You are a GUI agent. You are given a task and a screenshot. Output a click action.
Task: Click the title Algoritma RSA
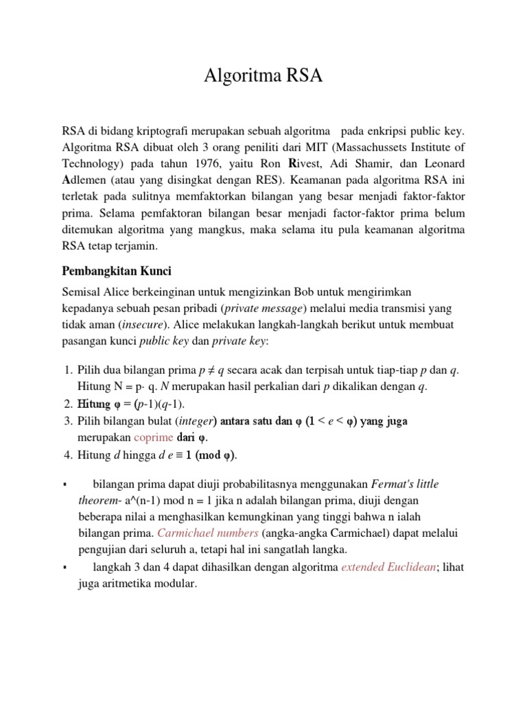point(263,76)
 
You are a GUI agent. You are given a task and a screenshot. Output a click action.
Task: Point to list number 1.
point(67,370)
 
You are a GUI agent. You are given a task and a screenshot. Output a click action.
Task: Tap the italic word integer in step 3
point(195,420)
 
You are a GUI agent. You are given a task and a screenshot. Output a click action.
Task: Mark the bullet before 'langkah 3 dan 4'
point(63,568)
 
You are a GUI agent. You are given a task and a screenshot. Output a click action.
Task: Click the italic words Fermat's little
point(406,483)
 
